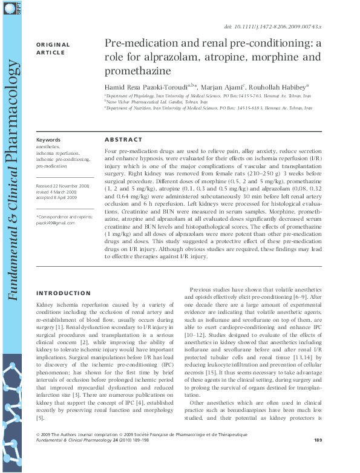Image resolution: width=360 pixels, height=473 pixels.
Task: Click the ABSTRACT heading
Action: coord(123,139)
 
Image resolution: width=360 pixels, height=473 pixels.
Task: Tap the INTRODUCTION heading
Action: coord(64,293)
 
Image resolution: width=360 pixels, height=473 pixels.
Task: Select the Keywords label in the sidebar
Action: coord(48,139)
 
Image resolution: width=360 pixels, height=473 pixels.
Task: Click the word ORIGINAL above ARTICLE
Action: coord(53,45)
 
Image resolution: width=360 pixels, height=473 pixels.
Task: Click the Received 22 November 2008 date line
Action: coord(63,186)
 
